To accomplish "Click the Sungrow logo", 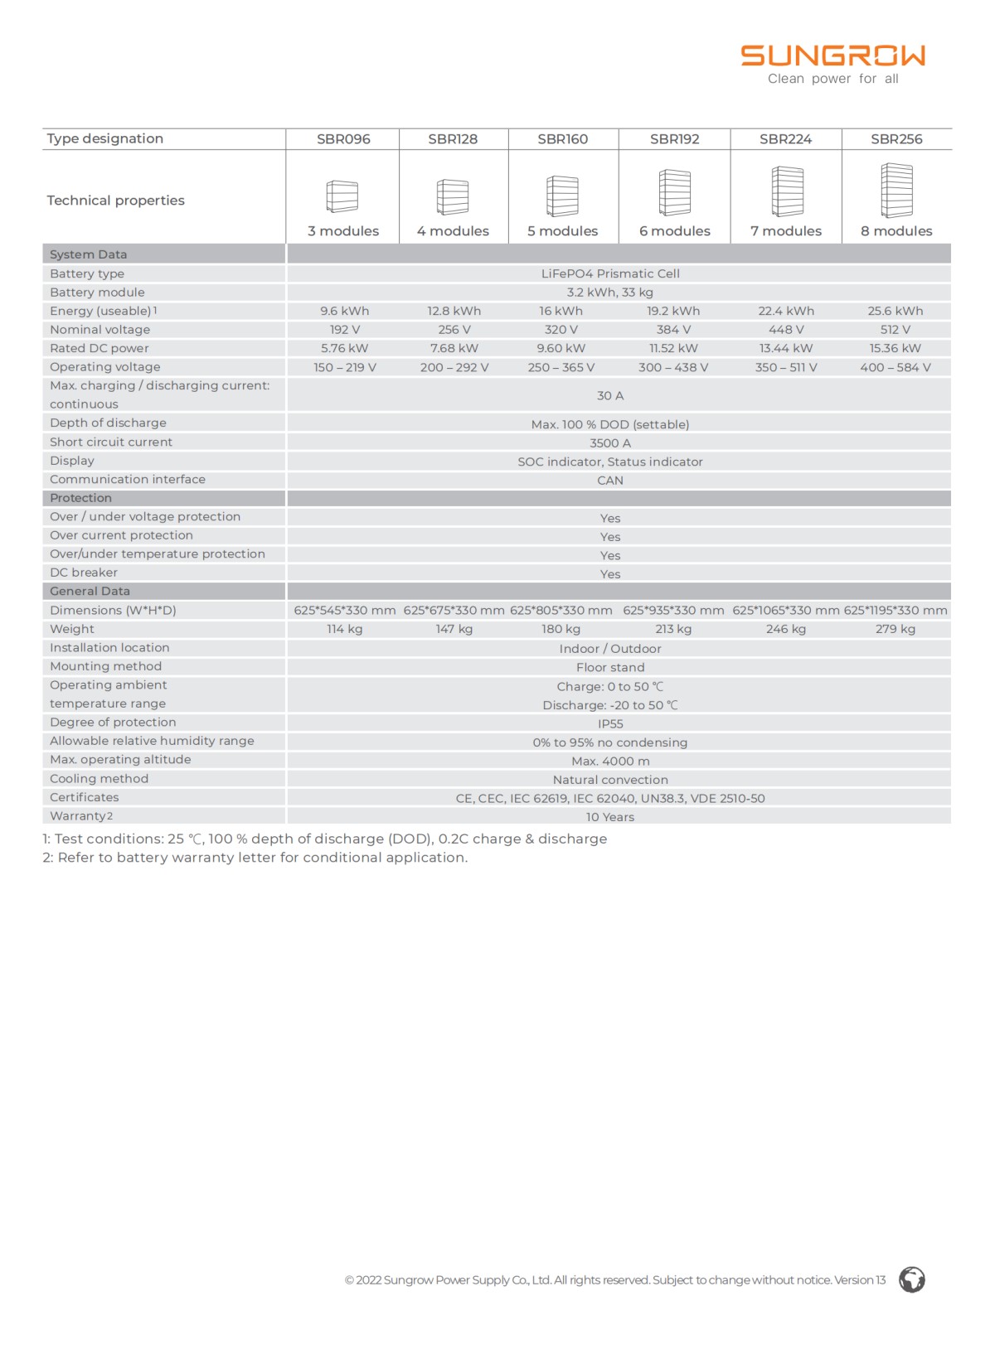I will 832,56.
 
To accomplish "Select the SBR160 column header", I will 562,139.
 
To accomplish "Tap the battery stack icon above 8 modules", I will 896,191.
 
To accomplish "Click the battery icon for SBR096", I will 342,196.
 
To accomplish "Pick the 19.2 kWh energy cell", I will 673,311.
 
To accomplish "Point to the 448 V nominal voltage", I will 786,330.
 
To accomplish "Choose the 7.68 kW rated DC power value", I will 454,348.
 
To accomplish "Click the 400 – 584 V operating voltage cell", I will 895,367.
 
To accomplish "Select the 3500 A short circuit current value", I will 610,443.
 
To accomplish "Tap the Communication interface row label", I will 128,479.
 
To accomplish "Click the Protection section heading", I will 80,498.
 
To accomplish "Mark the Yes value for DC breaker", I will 610,574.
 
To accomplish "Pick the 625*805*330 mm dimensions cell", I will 561,611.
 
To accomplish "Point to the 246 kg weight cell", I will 786,629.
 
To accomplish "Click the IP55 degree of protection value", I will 610,723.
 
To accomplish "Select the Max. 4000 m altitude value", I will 610,761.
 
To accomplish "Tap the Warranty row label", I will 80,816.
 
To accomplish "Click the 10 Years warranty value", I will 610,817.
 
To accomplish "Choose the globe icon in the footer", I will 912,1279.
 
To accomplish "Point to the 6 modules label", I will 674,231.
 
